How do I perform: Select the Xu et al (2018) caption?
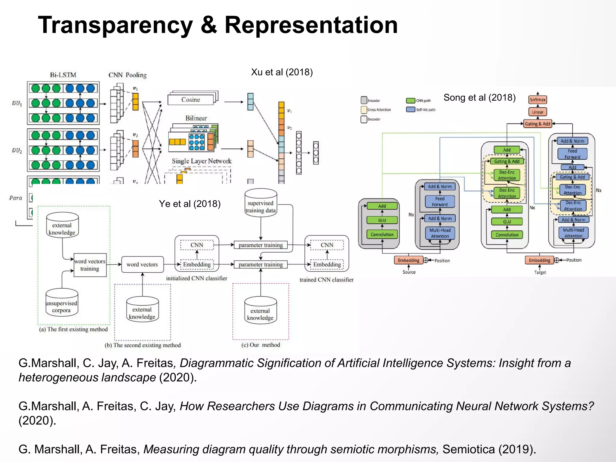coord(282,72)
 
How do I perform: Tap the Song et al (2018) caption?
coord(479,97)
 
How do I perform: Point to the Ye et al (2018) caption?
coord(189,204)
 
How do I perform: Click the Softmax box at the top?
coord(537,100)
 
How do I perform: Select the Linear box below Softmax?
coord(537,112)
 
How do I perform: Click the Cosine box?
coord(191,100)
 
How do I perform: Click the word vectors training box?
coord(90,265)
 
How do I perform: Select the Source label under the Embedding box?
coord(409,272)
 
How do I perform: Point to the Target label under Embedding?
coord(540,272)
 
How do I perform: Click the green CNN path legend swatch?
coord(410,100)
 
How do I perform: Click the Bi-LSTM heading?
coord(63,75)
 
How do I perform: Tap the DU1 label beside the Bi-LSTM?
coord(17,103)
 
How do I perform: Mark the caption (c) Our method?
coord(260,345)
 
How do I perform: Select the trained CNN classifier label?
coord(326,280)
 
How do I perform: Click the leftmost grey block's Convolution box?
coord(382,234)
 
